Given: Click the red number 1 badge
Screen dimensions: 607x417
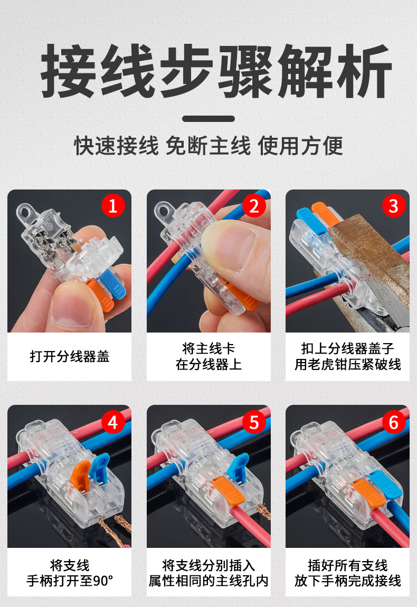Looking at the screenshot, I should point(112,205).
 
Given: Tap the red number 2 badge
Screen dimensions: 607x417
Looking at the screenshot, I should point(254,205).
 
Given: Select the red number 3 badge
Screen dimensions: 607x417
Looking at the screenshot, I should point(393,205).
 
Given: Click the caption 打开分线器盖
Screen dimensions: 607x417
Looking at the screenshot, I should point(69,356).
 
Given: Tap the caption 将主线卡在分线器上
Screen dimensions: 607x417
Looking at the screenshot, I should point(209,356).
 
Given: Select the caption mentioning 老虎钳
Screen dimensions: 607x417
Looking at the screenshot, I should point(347,356).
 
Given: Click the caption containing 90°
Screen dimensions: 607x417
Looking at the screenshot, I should point(69,573).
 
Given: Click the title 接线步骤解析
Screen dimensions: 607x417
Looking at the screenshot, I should point(209,71).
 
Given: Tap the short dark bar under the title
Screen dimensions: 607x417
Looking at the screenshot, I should point(209,119).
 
